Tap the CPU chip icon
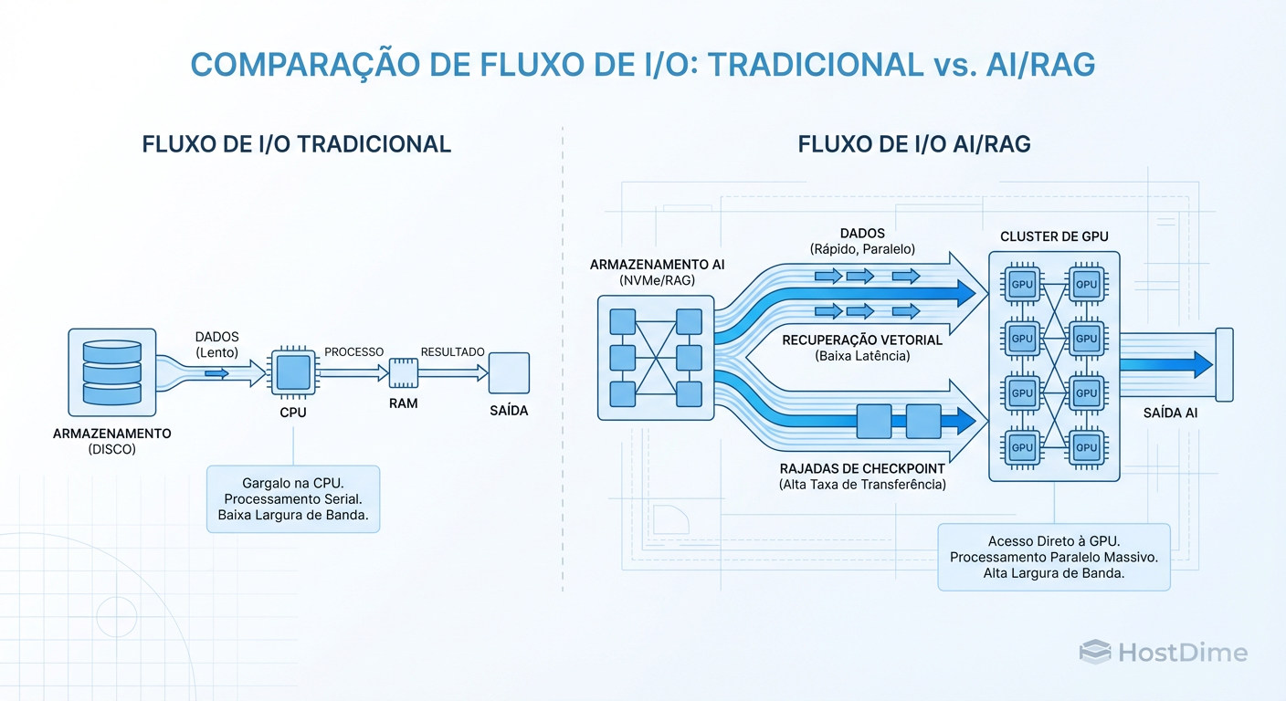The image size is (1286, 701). coord(293,372)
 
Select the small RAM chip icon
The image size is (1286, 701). coord(403,372)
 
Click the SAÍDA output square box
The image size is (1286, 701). coord(509,372)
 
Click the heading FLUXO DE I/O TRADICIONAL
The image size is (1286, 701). coord(297,144)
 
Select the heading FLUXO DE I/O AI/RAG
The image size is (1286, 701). coord(914,144)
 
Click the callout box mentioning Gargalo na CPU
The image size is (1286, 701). coord(293,499)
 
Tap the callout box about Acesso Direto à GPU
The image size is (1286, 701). coord(1054,557)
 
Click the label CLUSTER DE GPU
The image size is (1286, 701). coord(1054,236)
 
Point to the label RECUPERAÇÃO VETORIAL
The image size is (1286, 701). coord(862,340)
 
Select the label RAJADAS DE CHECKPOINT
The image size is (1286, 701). coord(862,468)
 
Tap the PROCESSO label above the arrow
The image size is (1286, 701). coord(354,351)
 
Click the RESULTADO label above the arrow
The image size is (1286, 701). coord(452,351)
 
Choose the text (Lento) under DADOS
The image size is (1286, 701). coord(216,353)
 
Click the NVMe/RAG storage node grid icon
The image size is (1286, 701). coord(656,357)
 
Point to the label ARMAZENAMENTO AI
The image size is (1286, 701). coord(656,265)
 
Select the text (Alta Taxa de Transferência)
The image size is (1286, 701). coord(862,485)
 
